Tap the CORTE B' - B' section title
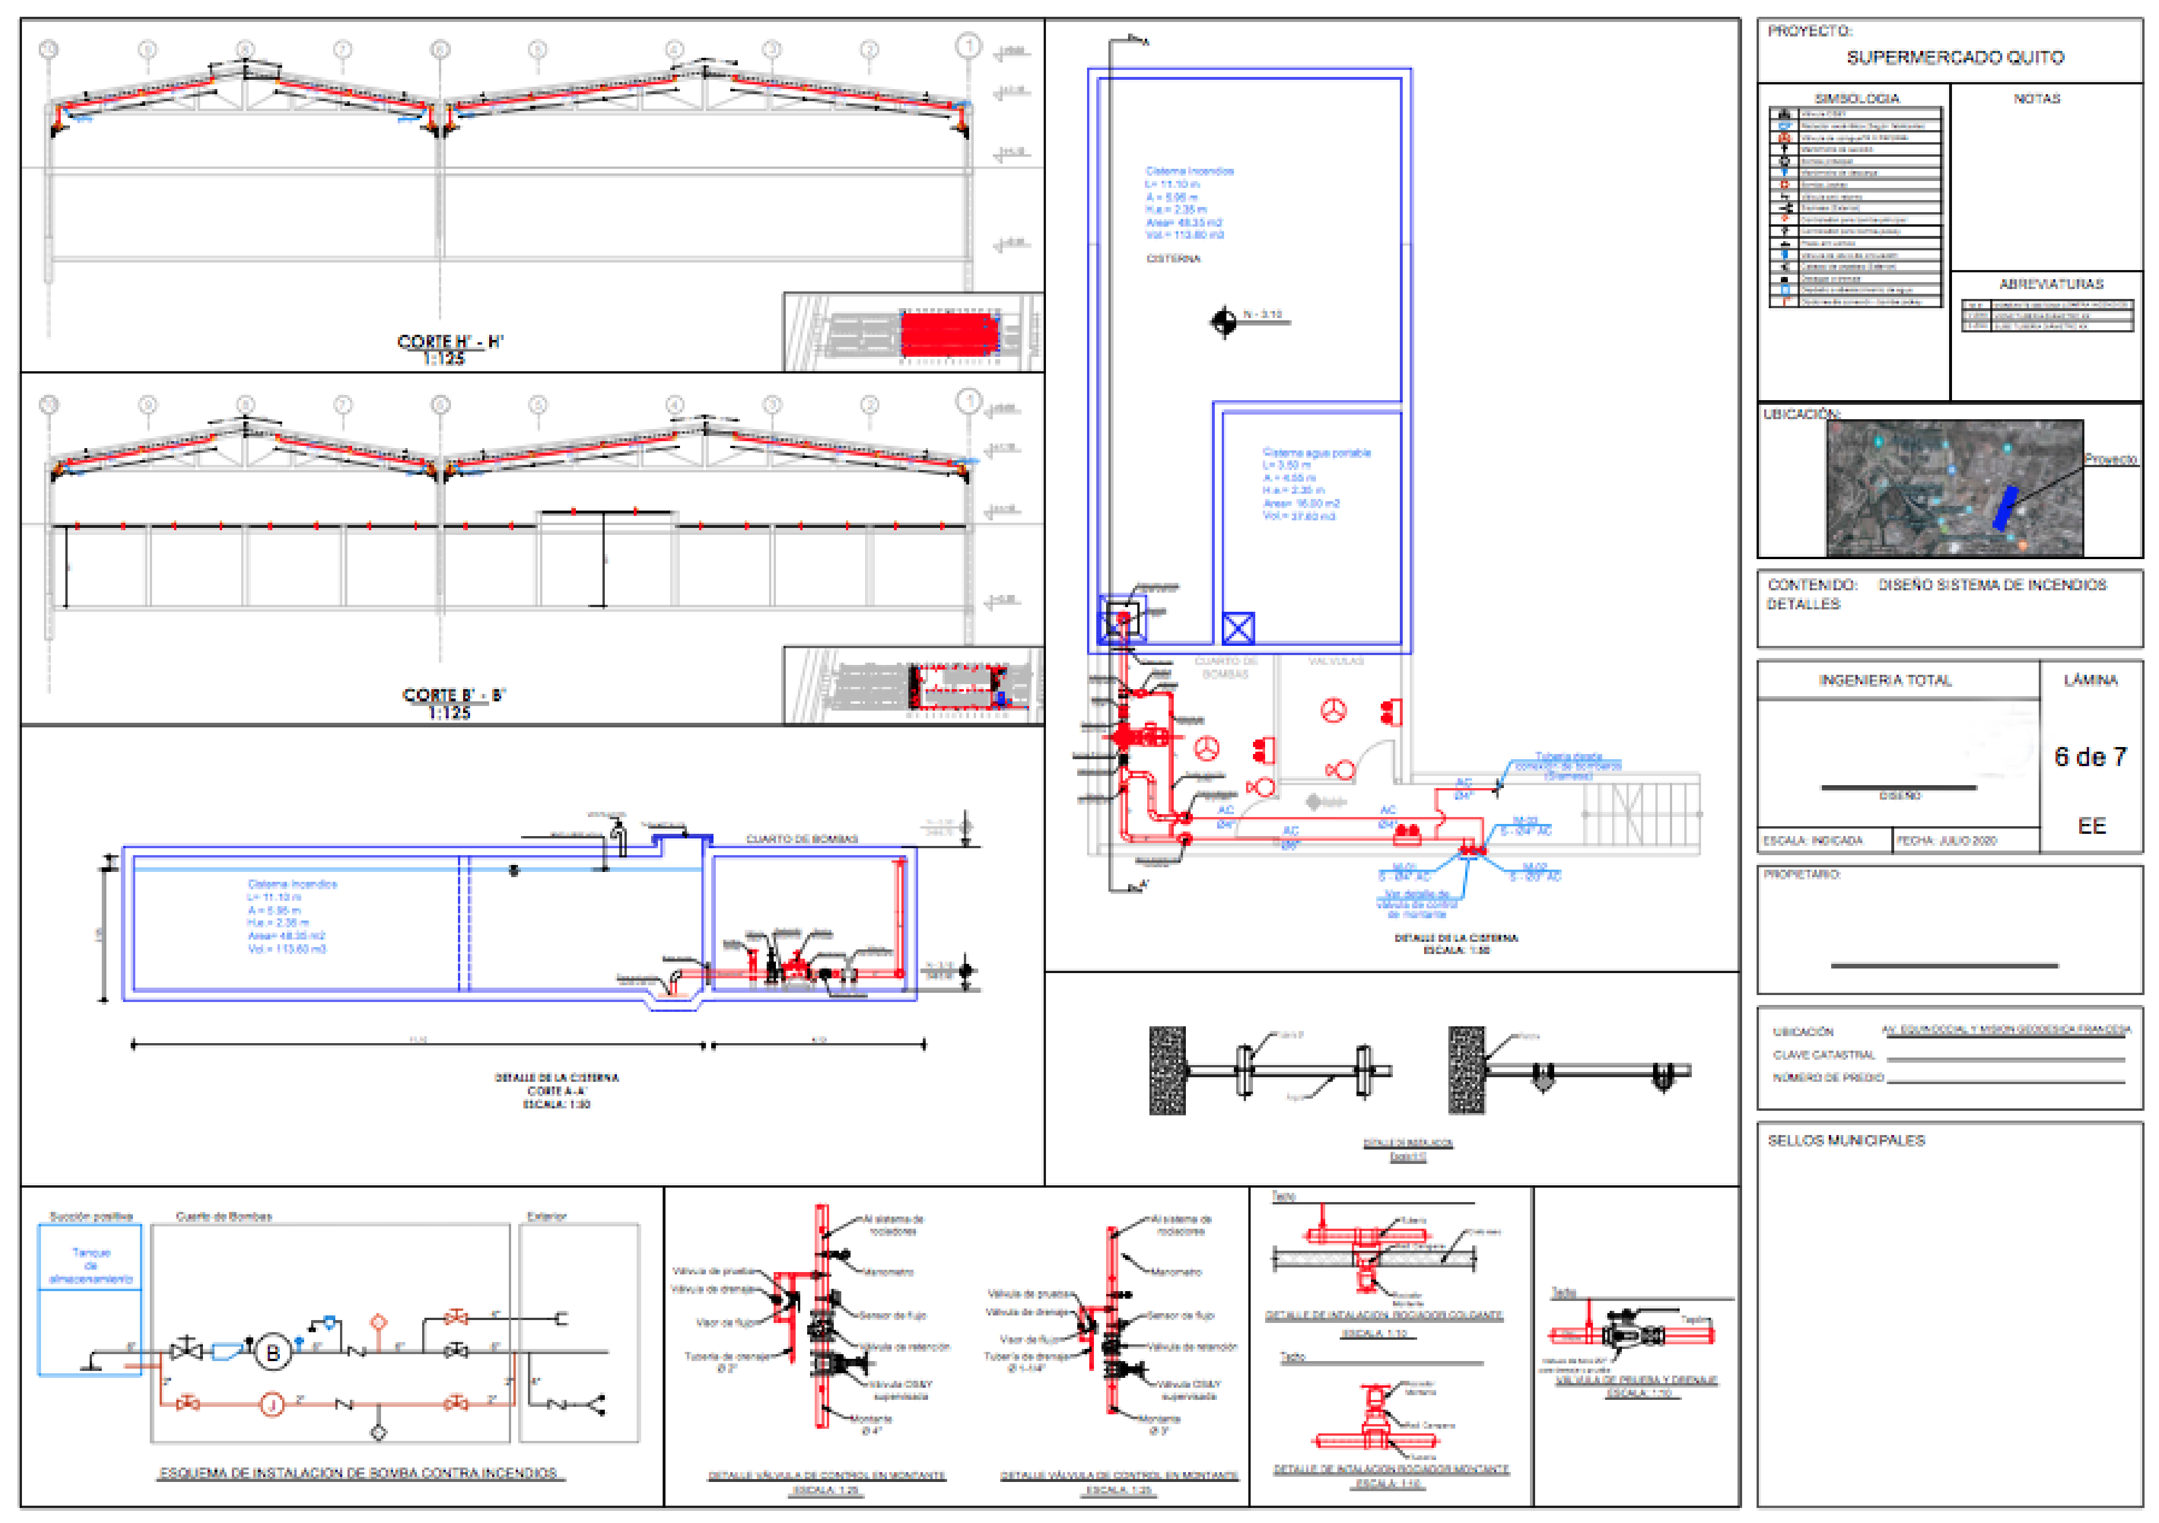click(453, 696)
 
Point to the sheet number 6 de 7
click(2090, 757)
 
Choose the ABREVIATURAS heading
click(2051, 284)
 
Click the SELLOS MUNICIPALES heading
click(1846, 1140)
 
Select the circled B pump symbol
click(273, 1353)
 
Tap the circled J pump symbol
click(272, 1404)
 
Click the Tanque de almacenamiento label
click(91, 1265)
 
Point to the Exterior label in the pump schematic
click(546, 1217)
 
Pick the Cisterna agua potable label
click(1315, 453)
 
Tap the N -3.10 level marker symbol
click(1223, 321)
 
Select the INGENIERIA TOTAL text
click(1884, 680)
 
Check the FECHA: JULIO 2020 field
click(1946, 841)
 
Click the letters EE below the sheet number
click(2091, 826)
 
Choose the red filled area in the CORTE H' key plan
click(948, 334)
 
